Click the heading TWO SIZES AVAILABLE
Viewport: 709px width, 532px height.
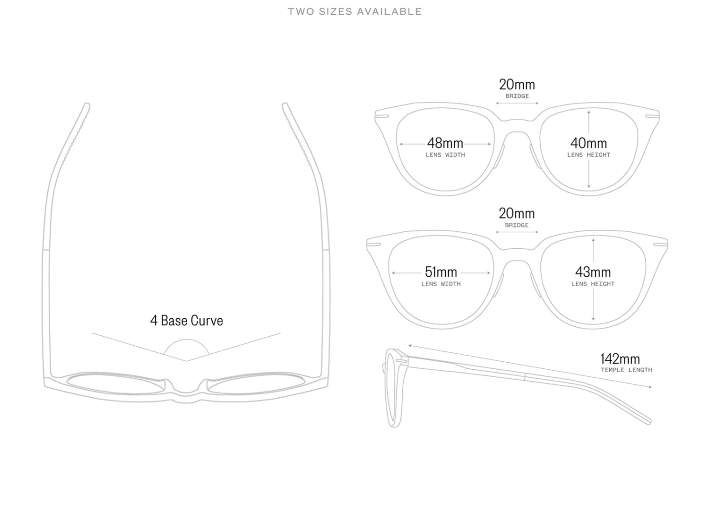click(x=354, y=12)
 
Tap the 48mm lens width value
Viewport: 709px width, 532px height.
click(x=445, y=143)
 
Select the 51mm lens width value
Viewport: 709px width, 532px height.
click(x=441, y=272)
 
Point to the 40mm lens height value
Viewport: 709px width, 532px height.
click(x=588, y=143)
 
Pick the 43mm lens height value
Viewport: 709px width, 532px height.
click(x=593, y=272)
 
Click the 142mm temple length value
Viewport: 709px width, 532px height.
click(x=620, y=359)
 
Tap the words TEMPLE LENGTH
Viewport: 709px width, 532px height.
click(x=626, y=370)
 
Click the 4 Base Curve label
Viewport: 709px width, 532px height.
click(x=187, y=321)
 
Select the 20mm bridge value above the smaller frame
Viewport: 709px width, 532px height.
click(x=517, y=84)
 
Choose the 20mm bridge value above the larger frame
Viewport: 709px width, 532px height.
click(x=517, y=213)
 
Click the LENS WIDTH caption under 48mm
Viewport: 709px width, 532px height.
click(x=445, y=155)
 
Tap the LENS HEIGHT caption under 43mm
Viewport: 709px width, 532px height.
click(x=593, y=284)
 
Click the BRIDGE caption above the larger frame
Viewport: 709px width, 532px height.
click(x=517, y=225)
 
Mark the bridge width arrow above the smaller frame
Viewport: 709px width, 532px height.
click(x=517, y=103)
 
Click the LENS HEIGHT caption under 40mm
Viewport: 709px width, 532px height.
click(x=588, y=155)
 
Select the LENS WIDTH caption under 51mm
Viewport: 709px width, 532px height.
click(x=441, y=284)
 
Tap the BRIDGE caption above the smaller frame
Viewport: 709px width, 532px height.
click(x=517, y=96)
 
